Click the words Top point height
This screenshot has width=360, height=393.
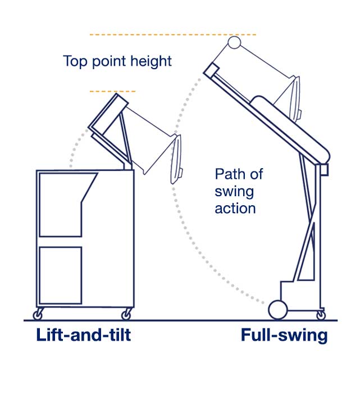[117, 61]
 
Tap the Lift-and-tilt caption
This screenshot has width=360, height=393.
[84, 336]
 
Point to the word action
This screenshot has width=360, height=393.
[235, 208]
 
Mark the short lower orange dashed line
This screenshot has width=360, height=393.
[112, 91]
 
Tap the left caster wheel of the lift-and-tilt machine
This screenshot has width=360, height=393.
[38, 314]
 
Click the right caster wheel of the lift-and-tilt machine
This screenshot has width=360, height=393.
[127, 314]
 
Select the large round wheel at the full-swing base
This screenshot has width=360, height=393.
[277, 309]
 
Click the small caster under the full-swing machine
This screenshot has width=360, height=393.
[321, 314]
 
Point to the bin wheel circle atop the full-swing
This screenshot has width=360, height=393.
[234, 43]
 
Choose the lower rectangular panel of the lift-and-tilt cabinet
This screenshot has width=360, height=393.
[60, 275]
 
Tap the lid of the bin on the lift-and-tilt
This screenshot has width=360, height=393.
[176, 160]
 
